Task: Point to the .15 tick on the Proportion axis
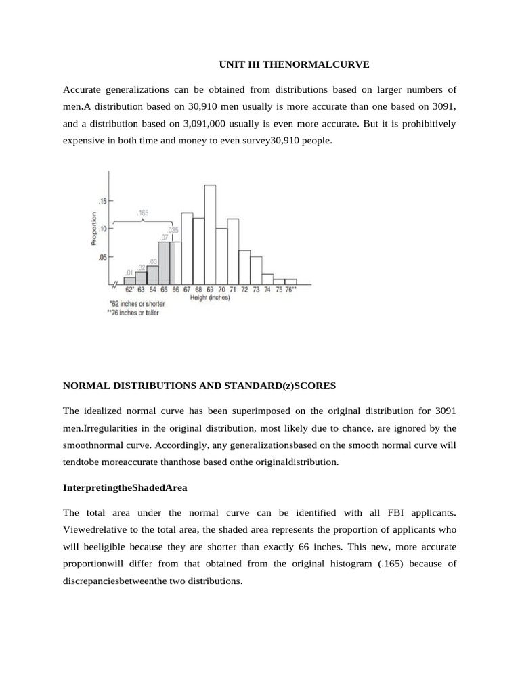(x=102, y=201)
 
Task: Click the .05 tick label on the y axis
(x=102, y=257)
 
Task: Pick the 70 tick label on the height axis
(x=221, y=289)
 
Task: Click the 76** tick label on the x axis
(x=291, y=289)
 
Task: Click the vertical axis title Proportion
(x=95, y=227)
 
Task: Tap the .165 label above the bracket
(x=143, y=213)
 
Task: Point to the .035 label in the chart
(x=173, y=230)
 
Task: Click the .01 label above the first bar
(x=129, y=273)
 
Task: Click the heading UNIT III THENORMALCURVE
(x=293, y=64)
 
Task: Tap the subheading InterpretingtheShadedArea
(x=125, y=487)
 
